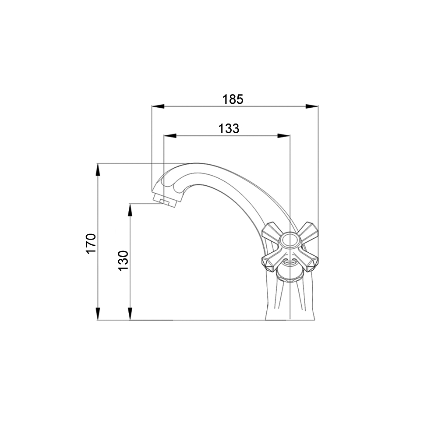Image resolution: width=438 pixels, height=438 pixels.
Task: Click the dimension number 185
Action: pyautogui.click(x=233, y=99)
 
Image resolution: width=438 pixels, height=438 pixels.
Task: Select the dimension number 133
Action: pyautogui.click(x=229, y=129)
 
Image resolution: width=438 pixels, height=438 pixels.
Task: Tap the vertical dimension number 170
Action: pyautogui.click(x=91, y=244)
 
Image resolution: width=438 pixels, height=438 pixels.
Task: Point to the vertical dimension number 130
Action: pyautogui.click(x=124, y=260)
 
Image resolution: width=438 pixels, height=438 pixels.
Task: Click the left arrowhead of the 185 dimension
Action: pyautogui.click(x=158, y=106)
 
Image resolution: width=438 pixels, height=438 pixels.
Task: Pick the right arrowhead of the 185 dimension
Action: pyautogui.click(x=312, y=106)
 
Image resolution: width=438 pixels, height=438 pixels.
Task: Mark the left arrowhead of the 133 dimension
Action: pyautogui.click(x=170, y=136)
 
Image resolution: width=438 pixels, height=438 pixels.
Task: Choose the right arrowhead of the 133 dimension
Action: pyautogui.click(x=284, y=136)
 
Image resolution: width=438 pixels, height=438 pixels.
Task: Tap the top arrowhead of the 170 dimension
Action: pyautogui.click(x=98, y=170)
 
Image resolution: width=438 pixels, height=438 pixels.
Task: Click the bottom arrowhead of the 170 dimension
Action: pyautogui.click(x=98, y=314)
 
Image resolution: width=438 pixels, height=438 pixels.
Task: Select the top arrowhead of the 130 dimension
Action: pyautogui.click(x=130, y=210)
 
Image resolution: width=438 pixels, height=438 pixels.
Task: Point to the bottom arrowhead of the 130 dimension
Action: pyautogui.click(x=130, y=314)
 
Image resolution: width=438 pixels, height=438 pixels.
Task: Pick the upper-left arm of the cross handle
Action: pyautogui.click(x=271, y=231)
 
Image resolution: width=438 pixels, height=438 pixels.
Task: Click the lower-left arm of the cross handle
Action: pyautogui.click(x=271, y=261)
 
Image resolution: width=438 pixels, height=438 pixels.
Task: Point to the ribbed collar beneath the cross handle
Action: pyautogui.click(x=290, y=275)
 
